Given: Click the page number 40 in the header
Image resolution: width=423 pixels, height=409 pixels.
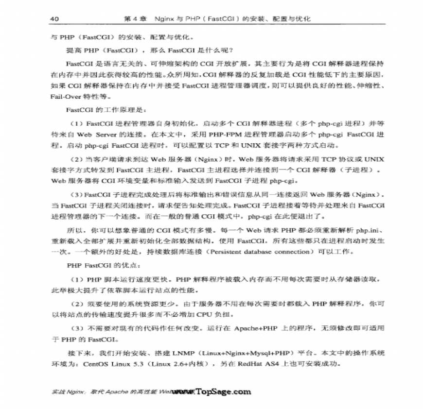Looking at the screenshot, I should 54,19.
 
